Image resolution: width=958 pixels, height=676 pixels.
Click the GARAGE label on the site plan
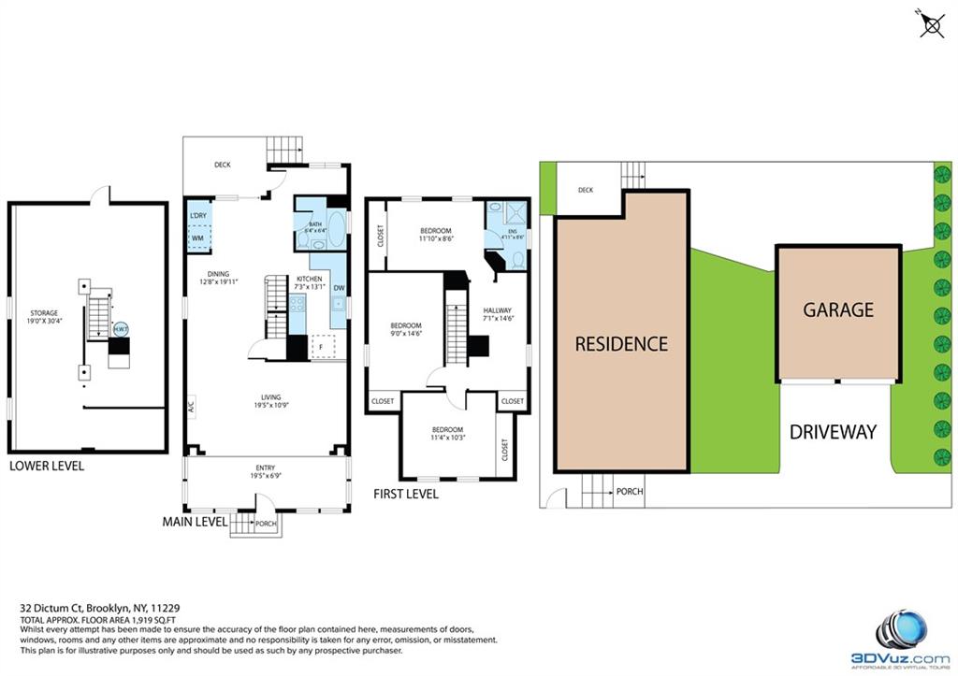click(838, 309)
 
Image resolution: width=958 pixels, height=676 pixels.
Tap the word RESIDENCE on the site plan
click(621, 343)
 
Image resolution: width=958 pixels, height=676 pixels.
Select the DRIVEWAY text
click(833, 431)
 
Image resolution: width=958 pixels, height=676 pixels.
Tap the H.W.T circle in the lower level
click(121, 329)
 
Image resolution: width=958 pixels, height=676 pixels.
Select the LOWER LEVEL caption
click(47, 465)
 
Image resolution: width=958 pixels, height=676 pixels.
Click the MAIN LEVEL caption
click(195, 521)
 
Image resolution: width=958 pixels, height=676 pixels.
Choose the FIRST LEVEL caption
click(405, 493)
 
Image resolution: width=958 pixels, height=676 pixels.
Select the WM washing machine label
click(197, 238)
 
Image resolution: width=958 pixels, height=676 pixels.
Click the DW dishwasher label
click(339, 288)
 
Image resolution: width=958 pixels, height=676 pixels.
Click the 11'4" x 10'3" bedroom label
click(447, 434)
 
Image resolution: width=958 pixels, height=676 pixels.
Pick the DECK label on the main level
click(222, 165)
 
